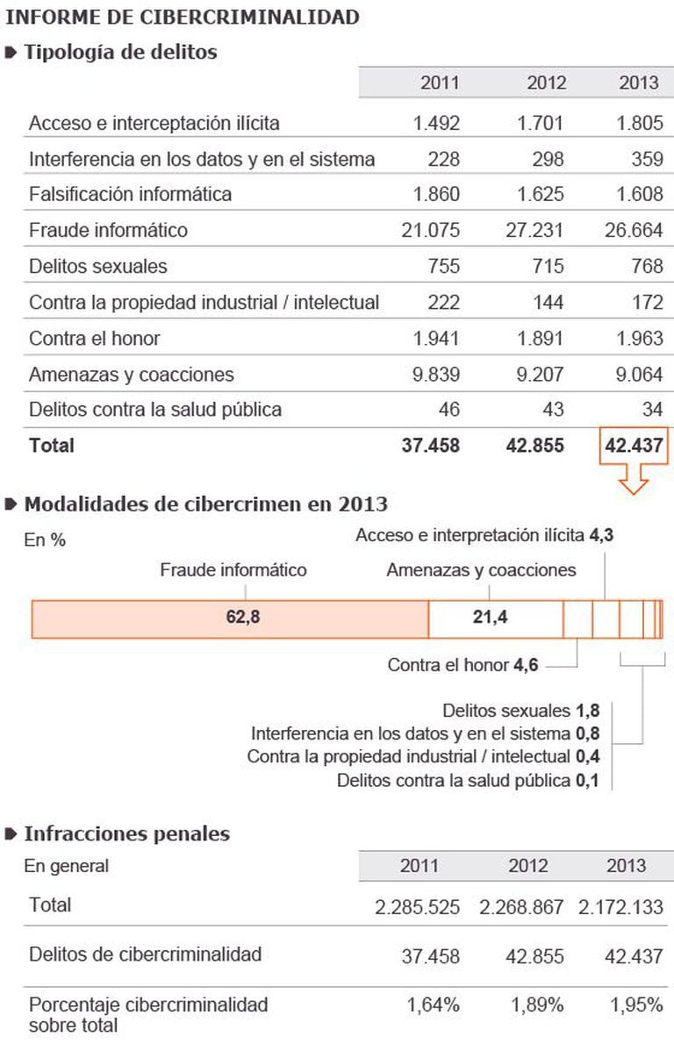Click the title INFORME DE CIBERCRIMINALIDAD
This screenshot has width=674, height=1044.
pos(183,16)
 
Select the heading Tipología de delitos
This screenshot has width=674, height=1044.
pos(120,52)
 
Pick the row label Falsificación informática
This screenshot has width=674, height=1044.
pos(130,195)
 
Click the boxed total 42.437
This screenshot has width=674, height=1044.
pos(633,446)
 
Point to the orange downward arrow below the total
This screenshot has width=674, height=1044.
pos(633,480)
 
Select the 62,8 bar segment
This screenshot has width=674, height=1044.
pos(230,618)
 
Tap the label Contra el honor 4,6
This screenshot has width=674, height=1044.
pos(462,666)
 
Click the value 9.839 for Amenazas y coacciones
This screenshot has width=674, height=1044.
pos(436,375)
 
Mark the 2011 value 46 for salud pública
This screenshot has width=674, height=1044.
pos(448,410)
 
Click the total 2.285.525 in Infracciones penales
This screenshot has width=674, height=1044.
pos(417,907)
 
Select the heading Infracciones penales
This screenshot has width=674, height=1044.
pos(126,833)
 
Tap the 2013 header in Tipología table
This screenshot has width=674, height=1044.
pos(638,83)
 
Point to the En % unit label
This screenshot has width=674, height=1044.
pos(45,540)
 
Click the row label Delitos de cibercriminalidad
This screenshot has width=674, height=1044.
pos(145,955)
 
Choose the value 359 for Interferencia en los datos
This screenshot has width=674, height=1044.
pos(646,160)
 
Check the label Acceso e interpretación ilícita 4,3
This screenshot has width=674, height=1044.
pos(484,536)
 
